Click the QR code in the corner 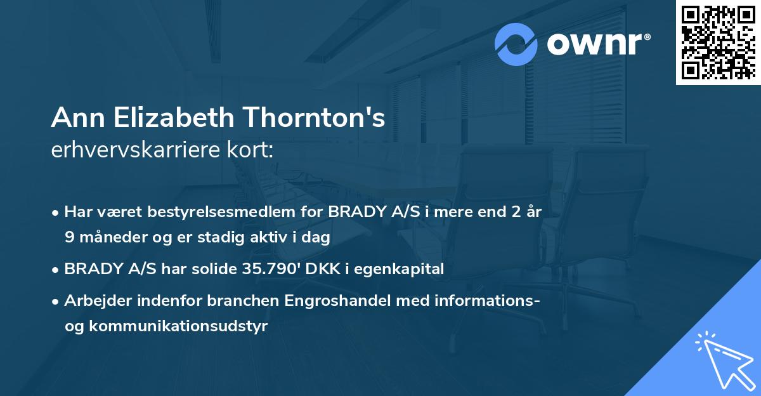(x=718, y=43)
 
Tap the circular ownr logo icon (x=516, y=44)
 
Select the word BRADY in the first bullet (x=356, y=212)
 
